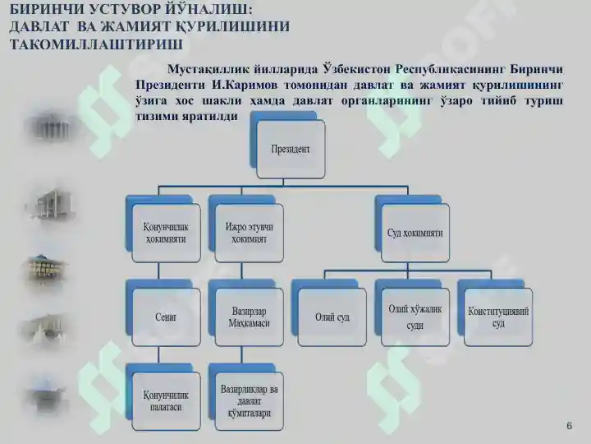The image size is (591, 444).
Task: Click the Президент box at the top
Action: point(290,150)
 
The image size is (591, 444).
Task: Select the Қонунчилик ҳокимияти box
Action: point(165,233)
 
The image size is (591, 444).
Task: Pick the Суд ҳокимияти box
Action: point(415,233)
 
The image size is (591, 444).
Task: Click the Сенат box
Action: point(165,317)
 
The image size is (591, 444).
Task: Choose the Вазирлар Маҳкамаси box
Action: point(249,317)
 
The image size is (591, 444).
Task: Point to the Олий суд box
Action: point(332,317)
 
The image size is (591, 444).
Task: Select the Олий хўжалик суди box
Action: point(415,317)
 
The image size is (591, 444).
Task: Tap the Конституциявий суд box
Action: point(498,317)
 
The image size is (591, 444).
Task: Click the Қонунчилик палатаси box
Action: point(165,400)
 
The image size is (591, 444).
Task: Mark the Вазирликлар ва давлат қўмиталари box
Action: point(249,400)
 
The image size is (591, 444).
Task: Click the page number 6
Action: point(569,425)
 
